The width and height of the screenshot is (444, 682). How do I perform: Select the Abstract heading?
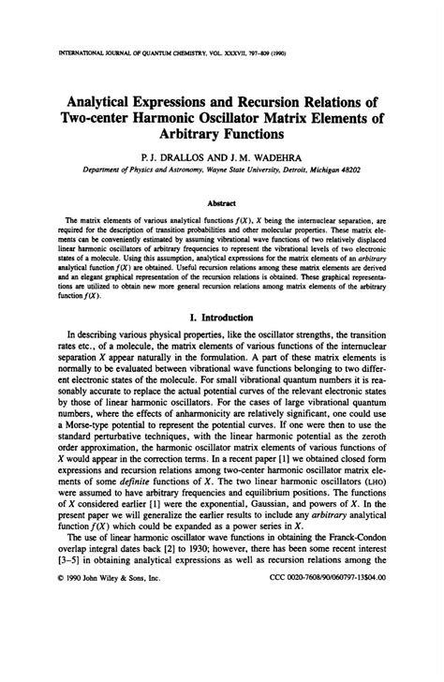(222, 199)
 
